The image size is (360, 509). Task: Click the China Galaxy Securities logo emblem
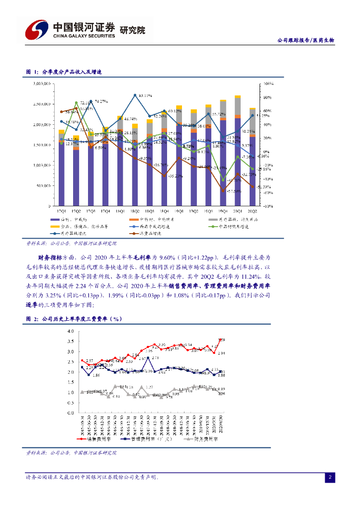[x=36, y=30]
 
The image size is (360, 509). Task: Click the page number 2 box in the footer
[x=330, y=478]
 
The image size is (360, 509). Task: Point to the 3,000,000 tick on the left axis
[x=40, y=84]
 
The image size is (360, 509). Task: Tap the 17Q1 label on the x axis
[x=62, y=211]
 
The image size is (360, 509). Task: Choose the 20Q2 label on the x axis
[x=252, y=211]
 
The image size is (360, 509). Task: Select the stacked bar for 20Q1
[x=238, y=149]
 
